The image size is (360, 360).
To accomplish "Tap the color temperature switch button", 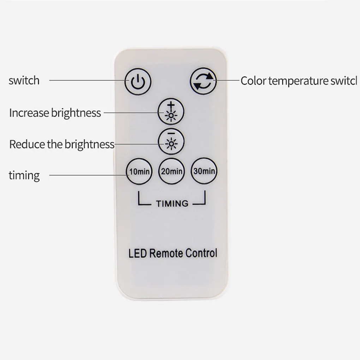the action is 203,81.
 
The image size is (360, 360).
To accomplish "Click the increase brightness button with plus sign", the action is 171,112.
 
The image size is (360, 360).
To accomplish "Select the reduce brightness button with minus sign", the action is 171,142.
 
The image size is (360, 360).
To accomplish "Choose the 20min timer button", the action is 172,171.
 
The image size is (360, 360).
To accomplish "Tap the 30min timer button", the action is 204,171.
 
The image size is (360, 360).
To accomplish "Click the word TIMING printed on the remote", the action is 172,204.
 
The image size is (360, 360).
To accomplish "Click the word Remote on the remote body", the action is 166,253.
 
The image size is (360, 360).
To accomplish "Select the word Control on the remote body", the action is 201,253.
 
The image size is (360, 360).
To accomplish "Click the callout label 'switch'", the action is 24,80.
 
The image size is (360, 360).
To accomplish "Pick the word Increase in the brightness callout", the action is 29,113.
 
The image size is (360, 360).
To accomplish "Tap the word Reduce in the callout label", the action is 27,144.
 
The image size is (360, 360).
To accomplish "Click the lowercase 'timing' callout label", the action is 24,176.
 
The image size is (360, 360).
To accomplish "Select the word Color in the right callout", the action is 253,81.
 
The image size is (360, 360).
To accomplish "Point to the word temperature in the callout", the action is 298,81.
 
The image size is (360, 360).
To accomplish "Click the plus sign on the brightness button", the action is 171,106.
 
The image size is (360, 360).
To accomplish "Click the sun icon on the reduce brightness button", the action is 171,144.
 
